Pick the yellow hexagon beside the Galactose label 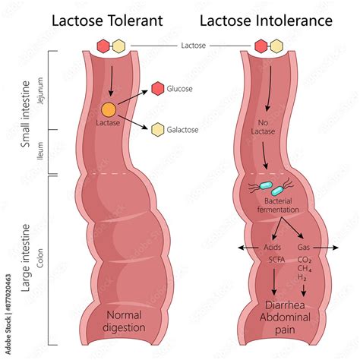coord(157,129)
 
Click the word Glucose coord(180,89)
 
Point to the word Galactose coord(183,130)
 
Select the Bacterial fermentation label coord(273,205)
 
